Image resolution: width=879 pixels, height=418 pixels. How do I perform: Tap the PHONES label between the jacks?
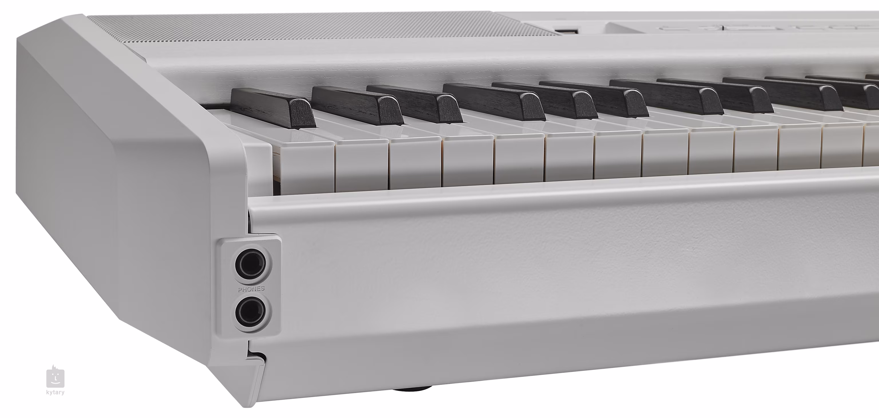tap(252, 289)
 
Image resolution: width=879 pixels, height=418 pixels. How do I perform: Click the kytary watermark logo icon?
tap(55, 377)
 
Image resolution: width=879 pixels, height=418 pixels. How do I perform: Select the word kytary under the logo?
tap(55, 393)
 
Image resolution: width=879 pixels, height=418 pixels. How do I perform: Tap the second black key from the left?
tap(357, 104)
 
